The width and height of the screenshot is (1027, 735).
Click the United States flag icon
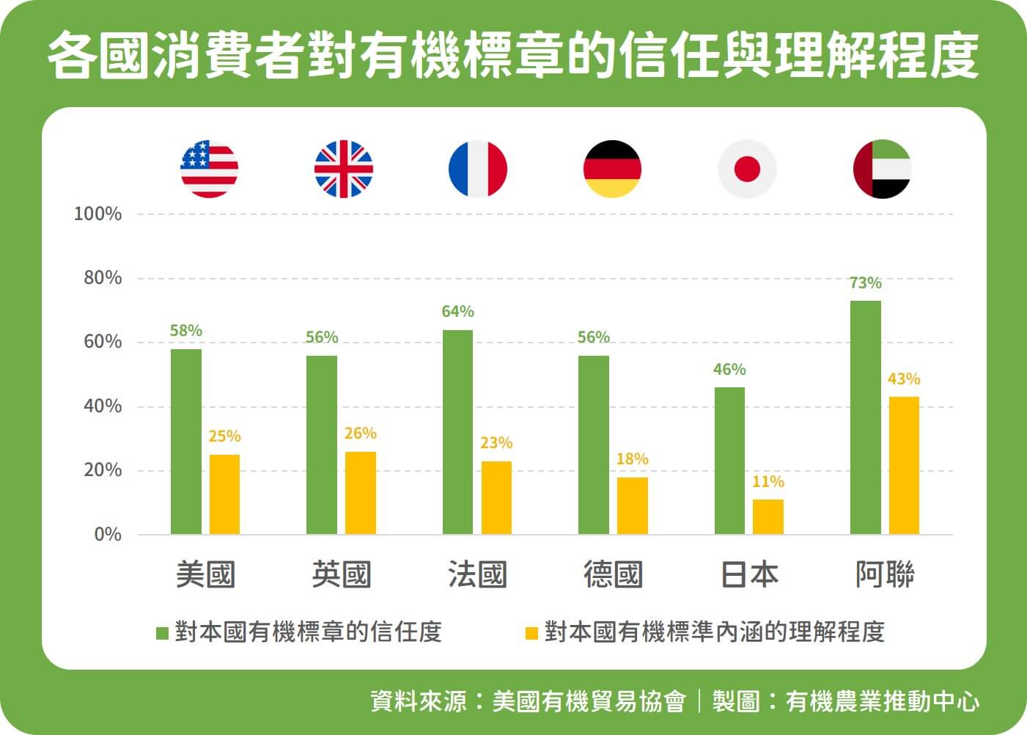pyautogui.click(x=210, y=169)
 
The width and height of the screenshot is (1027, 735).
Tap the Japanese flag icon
pyautogui.click(x=747, y=169)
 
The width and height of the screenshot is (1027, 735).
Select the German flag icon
pyautogui.click(x=612, y=169)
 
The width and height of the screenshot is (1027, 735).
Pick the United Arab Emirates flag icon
pyautogui.click(x=883, y=169)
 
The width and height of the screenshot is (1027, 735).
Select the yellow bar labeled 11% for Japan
pyautogui.click(x=768, y=516)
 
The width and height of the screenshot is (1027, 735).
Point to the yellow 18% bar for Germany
pyautogui.click(x=632, y=505)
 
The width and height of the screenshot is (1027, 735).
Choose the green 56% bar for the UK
pyautogui.click(x=322, y=445)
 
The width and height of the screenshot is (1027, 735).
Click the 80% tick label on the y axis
pyautogui.click(x=103, y=278)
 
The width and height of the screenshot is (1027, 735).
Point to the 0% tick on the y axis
pyautogui.click(x=108, y=534)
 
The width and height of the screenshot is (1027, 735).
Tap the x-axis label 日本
pyautogui.click(x=748, y=574)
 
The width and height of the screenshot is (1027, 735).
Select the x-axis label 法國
pyautogui.click(x=477, y=574)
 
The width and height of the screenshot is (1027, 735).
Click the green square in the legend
pyautogui.click(x=163, y=632)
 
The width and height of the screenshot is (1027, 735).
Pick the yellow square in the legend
pyautogui.click(x=531, y=632)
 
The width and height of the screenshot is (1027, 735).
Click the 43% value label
pyautogui.click(x=903, y=379)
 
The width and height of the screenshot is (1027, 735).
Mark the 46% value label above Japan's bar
pyautogui.click(x=729, y=370)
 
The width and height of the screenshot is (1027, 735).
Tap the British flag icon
pyautogui.click(x=344, y=169)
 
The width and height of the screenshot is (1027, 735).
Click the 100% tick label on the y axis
pyautogui.click(x=97, y=214)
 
